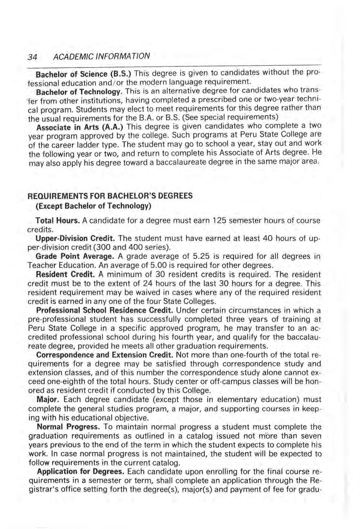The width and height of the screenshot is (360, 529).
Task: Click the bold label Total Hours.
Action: tap(58, 221)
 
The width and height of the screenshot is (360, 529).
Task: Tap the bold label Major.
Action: tap(48, 399)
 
